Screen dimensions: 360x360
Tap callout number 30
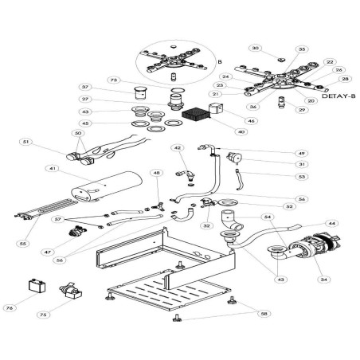(256, 49)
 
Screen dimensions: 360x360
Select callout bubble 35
(301, 49)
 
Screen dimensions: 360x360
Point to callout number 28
(345, 79)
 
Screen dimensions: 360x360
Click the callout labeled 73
(114, 80)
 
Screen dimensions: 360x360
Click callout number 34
(323, 279)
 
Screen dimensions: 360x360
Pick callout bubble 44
(332, 224)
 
